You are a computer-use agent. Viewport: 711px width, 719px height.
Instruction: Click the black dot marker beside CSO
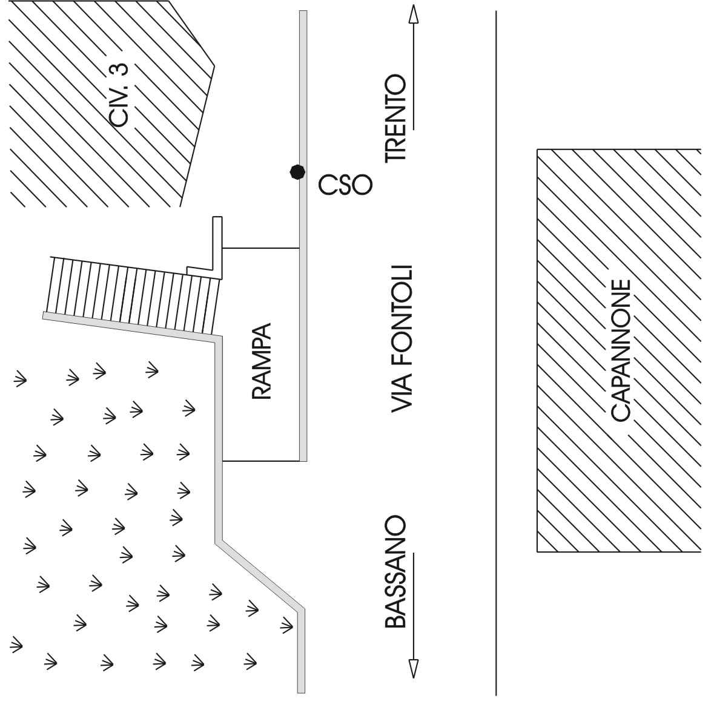296,172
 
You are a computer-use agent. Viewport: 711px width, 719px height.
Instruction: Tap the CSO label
344,186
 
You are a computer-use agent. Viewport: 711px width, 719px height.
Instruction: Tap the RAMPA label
261,361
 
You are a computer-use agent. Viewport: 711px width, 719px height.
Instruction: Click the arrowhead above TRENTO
413,15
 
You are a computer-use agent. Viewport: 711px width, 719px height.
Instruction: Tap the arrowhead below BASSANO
413,668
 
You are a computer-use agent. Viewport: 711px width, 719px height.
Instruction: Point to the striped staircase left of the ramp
133,293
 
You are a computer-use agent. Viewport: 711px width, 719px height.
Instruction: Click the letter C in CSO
328,186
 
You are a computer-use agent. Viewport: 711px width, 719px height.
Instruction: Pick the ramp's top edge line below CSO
261,248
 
